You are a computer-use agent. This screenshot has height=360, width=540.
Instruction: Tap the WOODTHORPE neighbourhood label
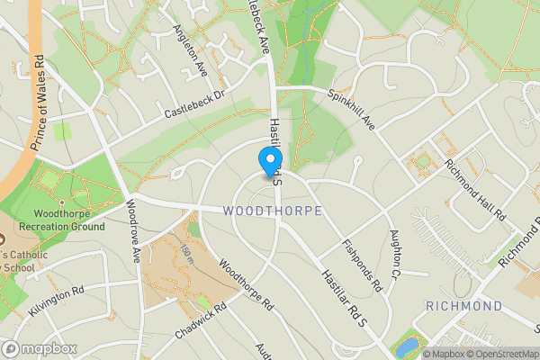click(x=271, y=211)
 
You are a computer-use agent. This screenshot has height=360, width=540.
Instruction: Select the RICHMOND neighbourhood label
click(x=463, y=307)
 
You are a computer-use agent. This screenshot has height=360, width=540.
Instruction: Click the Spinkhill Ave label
click(x=350, y=107)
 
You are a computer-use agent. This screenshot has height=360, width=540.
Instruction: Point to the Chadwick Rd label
click(x=199, y=319)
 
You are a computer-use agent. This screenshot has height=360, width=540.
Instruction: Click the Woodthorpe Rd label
click(x=245, y=284)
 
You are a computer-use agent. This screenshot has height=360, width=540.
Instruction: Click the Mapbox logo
click(x=38, y=348)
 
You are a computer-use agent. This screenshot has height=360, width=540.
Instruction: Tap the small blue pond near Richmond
click(x=408, y=346)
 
